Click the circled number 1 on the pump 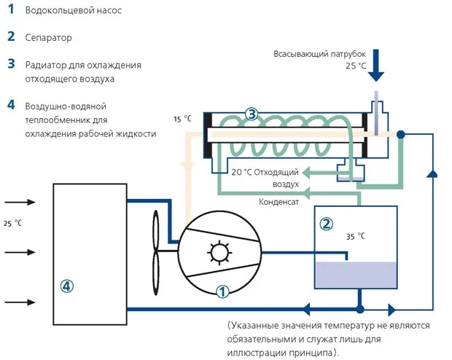[222, 291]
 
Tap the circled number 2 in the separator [327, 224]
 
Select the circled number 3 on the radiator [252, 114]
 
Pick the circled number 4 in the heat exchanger [66, 286]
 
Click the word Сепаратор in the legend [48, 38]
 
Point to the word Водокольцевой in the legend [57, 10]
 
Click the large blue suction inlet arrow [376, 65]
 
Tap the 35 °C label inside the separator [356, 236]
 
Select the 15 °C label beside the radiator [182, 119]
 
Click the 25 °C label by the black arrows [12, 223]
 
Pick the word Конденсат [278, 202]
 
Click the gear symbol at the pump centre [219, 252]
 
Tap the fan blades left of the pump [156, 252]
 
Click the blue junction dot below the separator [359, 310]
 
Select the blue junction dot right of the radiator [401, 134]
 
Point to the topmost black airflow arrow [20, 202]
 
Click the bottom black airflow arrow [20, 302]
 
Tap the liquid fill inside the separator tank [356, 275]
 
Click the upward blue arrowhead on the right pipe [432, 173]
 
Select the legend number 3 [11, 64]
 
